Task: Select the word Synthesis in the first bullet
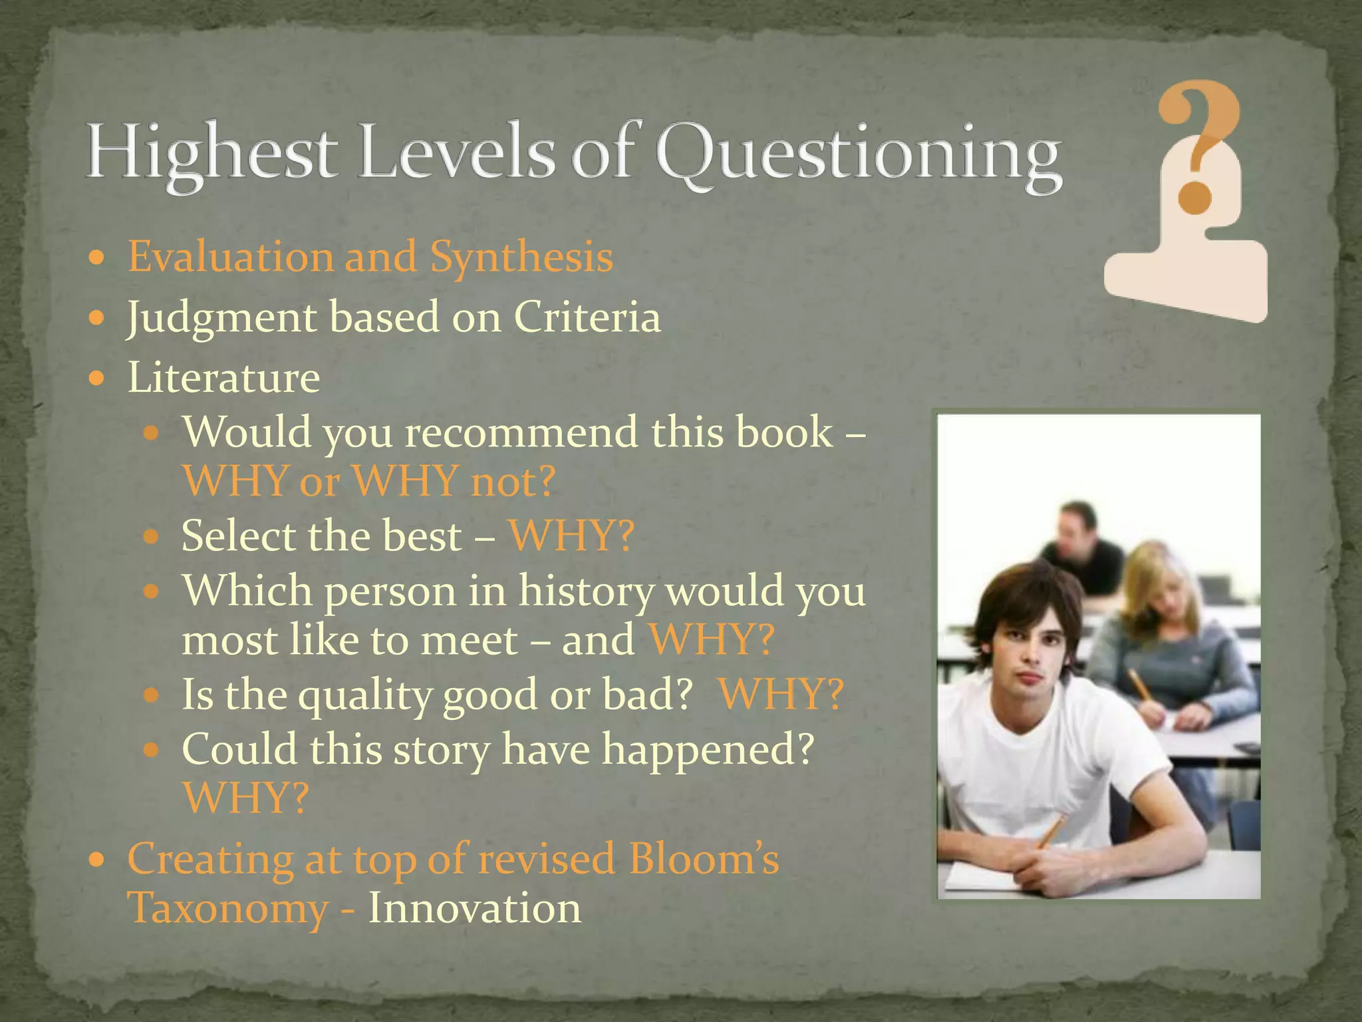pyautogui.click(x=521, y=257)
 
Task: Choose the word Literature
pyautogui.click(x=224, y=377)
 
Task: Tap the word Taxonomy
pyautogui.click(x=227, y=909)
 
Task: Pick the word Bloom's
pyautogui.click(x=704, y=858)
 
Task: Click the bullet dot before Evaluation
pyautogui.click(x=97, y=257)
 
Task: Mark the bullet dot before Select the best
pyautogui.click(x=152, y=536)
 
